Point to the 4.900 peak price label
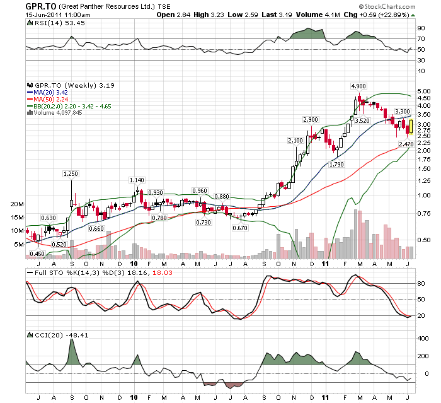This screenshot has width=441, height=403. (358, 86)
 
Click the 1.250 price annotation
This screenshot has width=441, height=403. (71, 173)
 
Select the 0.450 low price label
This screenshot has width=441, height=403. (37, 254)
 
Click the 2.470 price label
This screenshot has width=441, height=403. (405, 144)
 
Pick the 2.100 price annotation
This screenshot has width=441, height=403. (295, 140)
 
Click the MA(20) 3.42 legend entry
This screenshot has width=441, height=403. (53, 92)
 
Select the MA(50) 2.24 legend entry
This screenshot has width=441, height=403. (53, 99)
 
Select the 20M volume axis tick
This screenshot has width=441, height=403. (17, 205)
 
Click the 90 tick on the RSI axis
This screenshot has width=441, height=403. (420, 28)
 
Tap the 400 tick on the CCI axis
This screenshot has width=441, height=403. (422, 339)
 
